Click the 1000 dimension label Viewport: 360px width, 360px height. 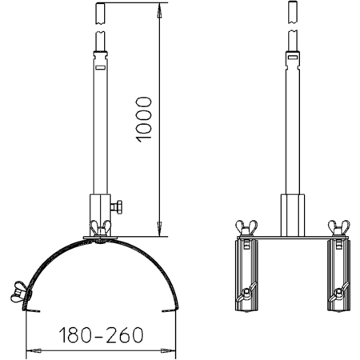click(144, 119)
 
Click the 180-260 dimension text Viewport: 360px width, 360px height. click(101, 335)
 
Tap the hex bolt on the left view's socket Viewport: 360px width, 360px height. click(117, 207)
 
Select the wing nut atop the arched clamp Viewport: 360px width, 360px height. click(100, 228)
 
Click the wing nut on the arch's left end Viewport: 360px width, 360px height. click(19, 292)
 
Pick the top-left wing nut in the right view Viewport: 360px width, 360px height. click(246, 227)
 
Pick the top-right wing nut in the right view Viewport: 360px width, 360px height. click(338, 227)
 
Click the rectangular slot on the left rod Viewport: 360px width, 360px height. click(101, 67)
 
